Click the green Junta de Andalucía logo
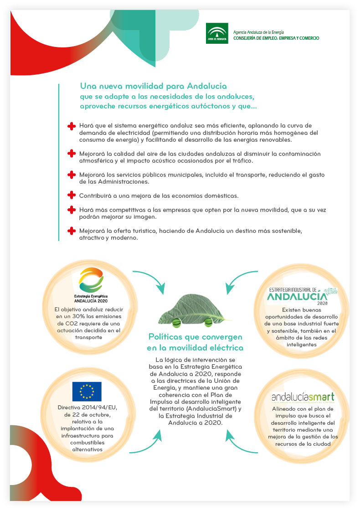tap(217, 33)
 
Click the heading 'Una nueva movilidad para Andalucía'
tap(153, 86)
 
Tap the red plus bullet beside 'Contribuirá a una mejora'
tap(71, 195)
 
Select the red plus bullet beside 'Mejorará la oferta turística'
tap(71, 231)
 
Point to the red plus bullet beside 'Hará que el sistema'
tap(71, 125)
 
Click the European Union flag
tap(87, 392)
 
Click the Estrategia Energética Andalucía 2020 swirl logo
tap(91, 279)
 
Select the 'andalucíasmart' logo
tap(303, 397)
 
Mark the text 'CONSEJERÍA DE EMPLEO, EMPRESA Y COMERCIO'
tap(276, 38)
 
